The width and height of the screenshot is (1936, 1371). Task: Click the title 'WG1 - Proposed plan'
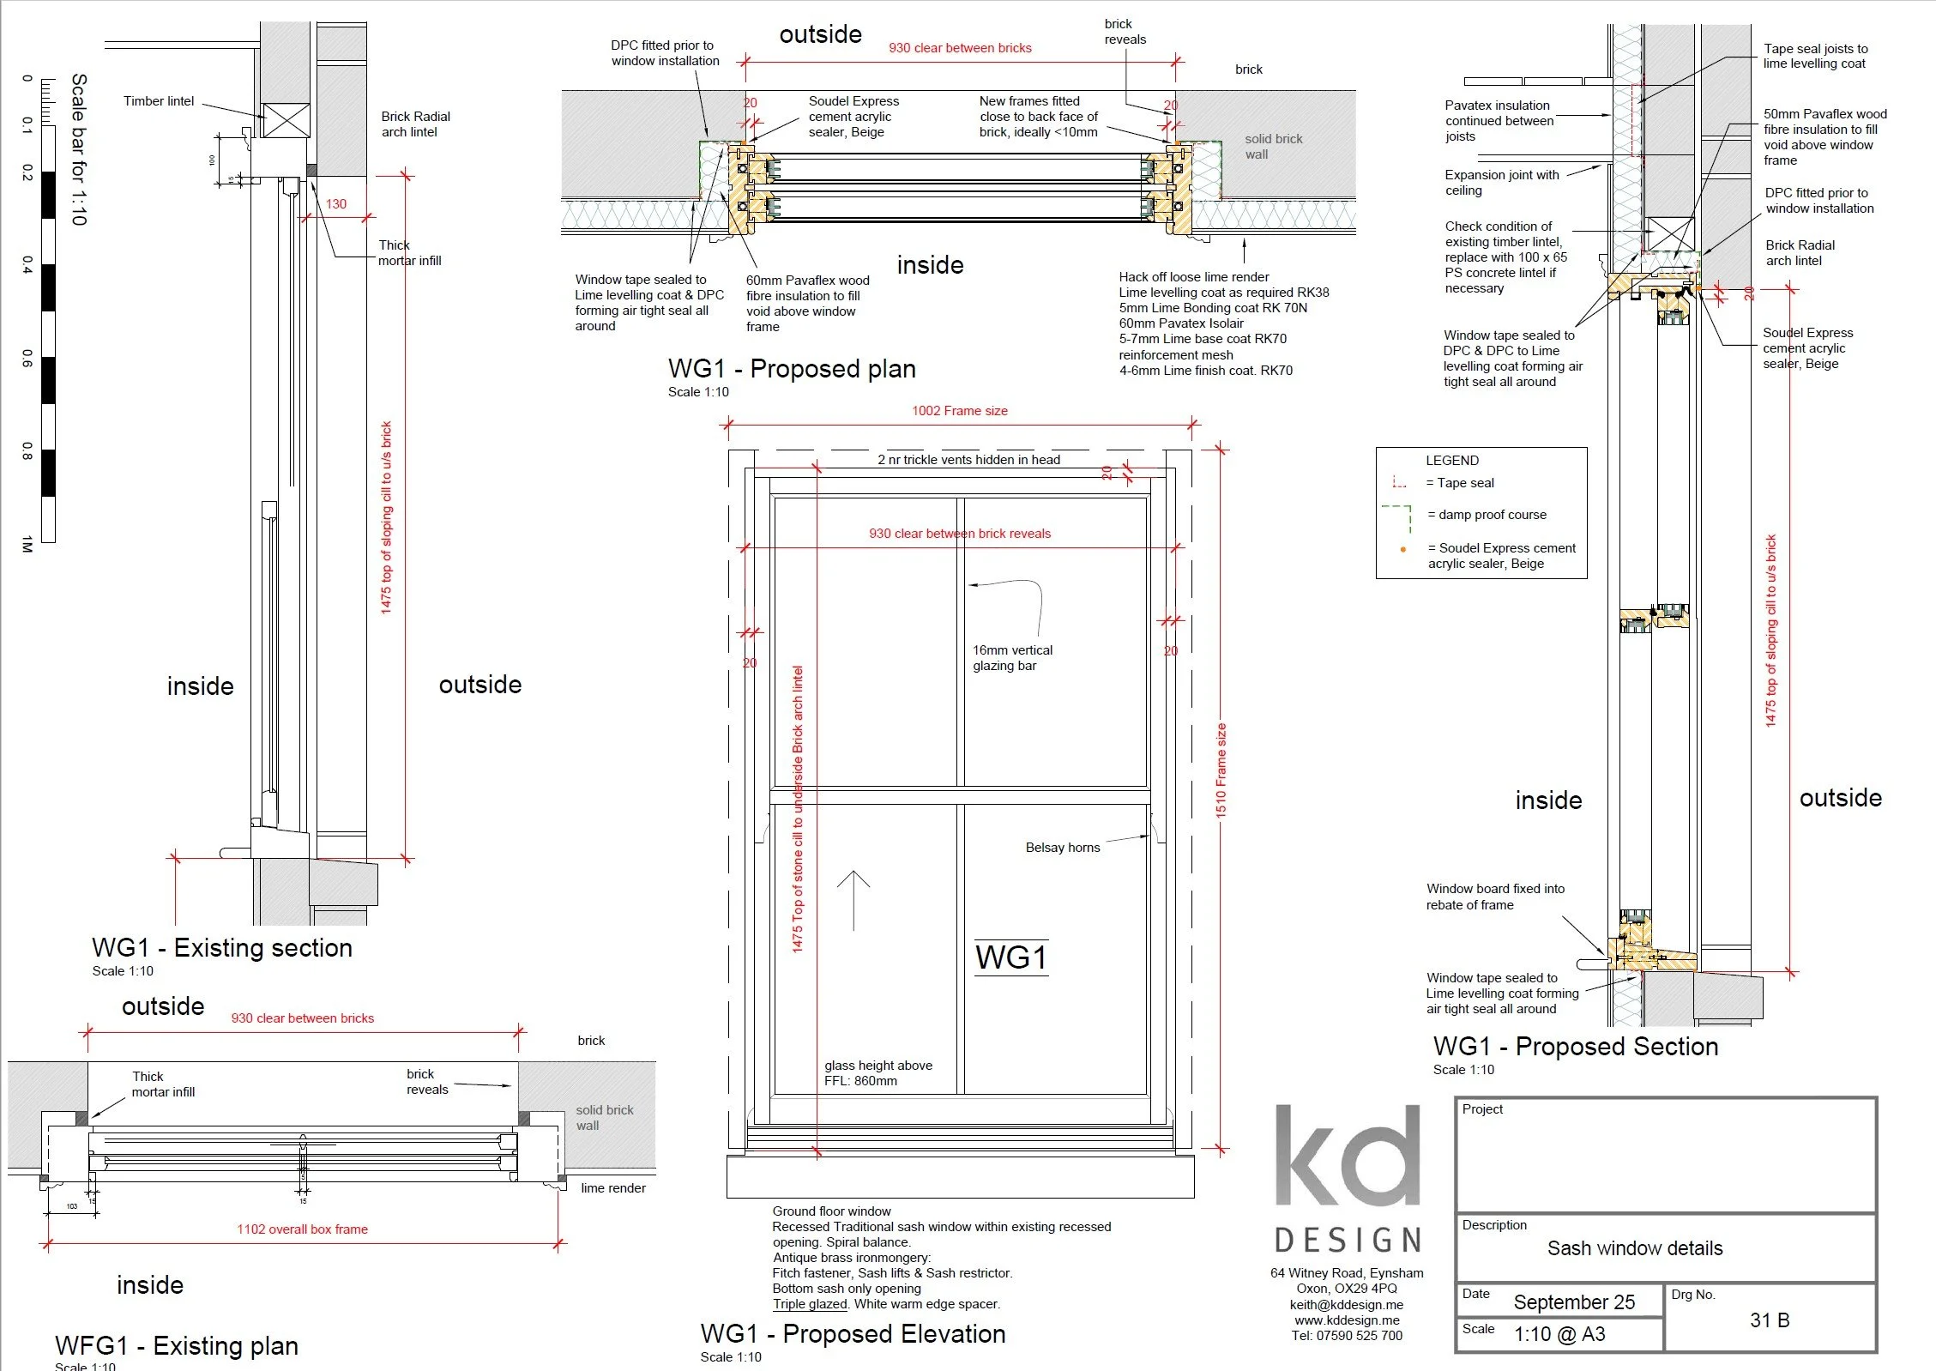pos(791,369)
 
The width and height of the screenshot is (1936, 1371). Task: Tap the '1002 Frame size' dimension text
pos(959,411)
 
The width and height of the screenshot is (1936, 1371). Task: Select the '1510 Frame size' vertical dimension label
pos(1221,770)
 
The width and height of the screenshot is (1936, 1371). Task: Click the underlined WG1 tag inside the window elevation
pos(1011,957)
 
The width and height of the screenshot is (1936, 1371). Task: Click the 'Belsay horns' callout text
pos(1062,848)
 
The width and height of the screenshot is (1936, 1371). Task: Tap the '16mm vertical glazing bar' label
pos(1012,658)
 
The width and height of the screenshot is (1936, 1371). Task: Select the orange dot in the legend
pos(1403,549)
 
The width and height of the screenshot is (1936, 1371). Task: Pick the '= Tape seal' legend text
pos(1459,483)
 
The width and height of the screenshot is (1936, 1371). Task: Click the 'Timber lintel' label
pos(159,101)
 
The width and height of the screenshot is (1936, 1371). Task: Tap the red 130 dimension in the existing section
pos(336,204)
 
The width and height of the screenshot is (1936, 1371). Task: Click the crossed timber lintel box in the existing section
pos(286,120)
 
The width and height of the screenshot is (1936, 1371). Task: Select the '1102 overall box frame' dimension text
pos(302,1229)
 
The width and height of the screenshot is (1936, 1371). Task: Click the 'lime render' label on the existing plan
pos(612,1188)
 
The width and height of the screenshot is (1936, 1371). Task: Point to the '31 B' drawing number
pos(1769,1320)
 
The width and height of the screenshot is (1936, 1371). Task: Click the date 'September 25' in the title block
pos(1573,1302)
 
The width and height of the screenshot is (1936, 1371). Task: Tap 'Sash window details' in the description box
pos(1634,1248)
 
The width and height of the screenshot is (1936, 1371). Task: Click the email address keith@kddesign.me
pos(1346,1305)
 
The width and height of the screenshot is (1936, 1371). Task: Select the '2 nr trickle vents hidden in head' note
pos(968,460)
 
